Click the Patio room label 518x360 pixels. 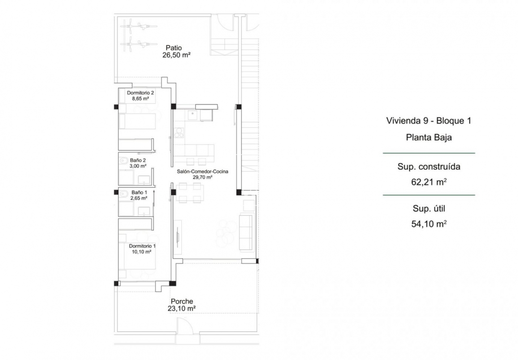[173, 48]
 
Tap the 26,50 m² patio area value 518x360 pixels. [177, 55]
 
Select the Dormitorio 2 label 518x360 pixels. [140, 93]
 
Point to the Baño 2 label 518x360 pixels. [138, 160]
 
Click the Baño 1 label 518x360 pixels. [138, 192]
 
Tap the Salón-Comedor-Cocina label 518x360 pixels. [202, 171]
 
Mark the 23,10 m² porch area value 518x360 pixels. [181, 310]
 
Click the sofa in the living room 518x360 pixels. [247, 232]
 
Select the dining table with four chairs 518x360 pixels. [189, 193]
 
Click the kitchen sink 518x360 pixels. [193, 114]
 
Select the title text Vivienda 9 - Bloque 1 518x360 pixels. [428, 121]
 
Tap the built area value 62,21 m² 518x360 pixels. [428, 182]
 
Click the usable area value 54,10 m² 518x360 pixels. [428, 223]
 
